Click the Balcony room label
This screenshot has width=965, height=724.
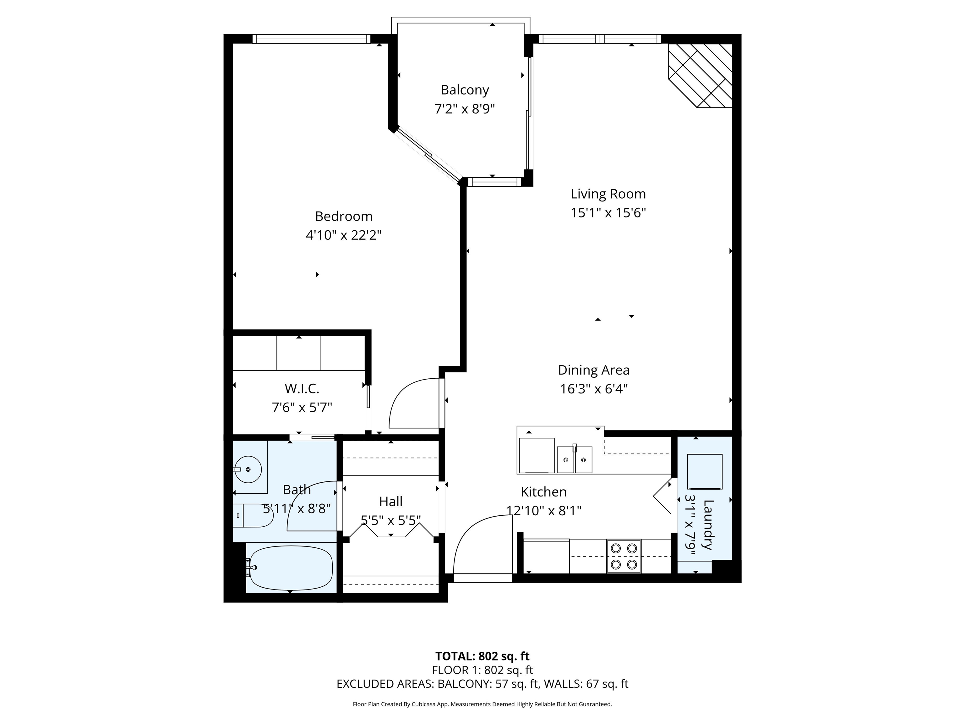pyautogui.click(x=465, y=90)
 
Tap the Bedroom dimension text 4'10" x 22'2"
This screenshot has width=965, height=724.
pyautogui.click(x=344, y=236)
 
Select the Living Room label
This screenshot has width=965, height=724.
pyautogui.click(x=608, y=194)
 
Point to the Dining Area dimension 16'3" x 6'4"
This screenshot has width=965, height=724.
pyautogui.click(x=594, y=389)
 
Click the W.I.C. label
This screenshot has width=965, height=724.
pyautogui.click(x=302, y=388)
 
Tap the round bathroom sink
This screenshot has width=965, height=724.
pyautogui.click(x=248, y=469)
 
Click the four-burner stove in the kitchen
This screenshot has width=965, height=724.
pyautogui.click(x=624, y=557)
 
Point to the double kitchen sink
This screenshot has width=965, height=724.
pyautogui.click(x=575, y=459)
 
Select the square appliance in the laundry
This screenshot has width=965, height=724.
pyautogui.click(x=705, y=472)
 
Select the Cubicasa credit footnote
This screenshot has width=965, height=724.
pyautogui.click(x=482, y=704)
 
